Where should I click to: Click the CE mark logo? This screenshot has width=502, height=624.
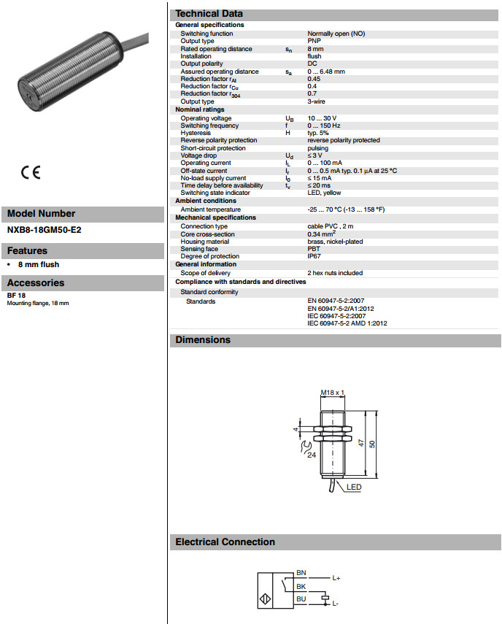[31, 173]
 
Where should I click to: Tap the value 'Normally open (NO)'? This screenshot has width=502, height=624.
[336, 34]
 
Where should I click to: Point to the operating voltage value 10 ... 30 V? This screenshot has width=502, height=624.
[322, 118]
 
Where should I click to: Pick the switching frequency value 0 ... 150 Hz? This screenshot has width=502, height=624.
[325, 126]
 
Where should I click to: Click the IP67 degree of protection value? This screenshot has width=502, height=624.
[314, 256]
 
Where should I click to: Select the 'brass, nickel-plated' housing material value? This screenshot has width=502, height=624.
[335, 242]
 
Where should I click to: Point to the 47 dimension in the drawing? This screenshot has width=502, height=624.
[360, 443]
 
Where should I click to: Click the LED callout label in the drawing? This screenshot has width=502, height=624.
[354, 488]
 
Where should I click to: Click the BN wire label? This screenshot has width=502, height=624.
[301, 573]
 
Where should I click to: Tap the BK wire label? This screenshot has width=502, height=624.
[301, 586]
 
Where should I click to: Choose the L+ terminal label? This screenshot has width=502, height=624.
[336, 578]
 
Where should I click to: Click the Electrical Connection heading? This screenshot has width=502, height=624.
[225, 542]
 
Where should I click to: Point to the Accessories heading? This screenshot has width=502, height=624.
[36, 282]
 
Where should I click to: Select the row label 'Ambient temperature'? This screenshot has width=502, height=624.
[210, 209]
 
